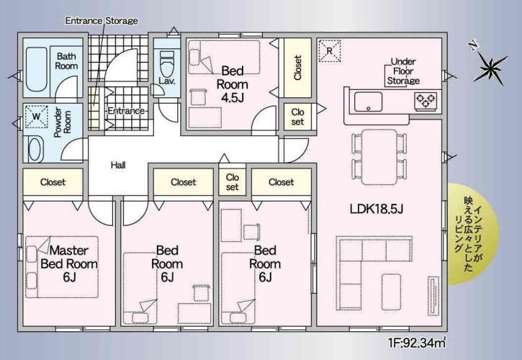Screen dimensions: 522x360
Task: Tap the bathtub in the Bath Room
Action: click(36, 69)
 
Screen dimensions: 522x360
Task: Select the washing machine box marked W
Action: click(36, 117)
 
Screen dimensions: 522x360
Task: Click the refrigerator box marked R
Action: click(330, 51)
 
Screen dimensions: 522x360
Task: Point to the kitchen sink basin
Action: click(368, 102)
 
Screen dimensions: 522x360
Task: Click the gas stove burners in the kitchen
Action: click(426, 101)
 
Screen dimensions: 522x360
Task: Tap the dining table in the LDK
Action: click(379, 157)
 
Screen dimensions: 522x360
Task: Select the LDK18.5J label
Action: click(377, 209)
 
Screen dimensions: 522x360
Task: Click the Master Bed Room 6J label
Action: click(69, 264)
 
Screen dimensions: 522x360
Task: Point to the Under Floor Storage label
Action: click(403, 71)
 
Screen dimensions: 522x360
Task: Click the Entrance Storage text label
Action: click(102, 21)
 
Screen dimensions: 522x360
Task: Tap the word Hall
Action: click(118, 165)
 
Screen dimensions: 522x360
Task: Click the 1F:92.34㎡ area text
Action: click(417, 343)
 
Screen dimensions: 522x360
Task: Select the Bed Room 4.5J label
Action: click(233, 84)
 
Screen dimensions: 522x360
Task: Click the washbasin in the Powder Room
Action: click(35, 149)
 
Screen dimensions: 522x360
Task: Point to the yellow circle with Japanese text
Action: click(473, 234)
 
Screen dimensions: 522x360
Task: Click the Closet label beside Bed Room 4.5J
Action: click(297, 68)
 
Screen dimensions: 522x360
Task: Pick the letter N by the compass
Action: click(472, 45)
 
